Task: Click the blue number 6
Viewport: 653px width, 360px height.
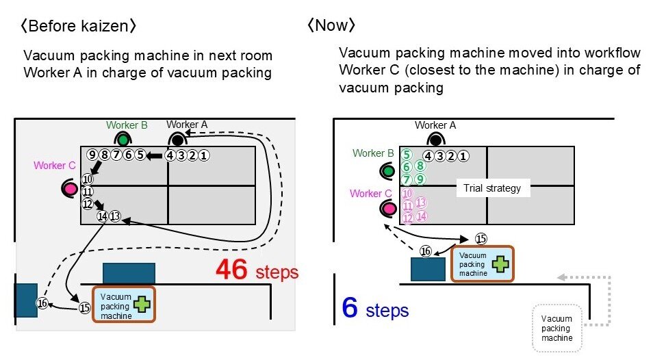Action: coord(350,309)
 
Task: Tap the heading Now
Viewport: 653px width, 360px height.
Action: coord(331,27)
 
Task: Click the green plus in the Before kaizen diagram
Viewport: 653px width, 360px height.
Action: coord(142,304)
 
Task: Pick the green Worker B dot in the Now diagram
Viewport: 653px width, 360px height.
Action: coord(389,170)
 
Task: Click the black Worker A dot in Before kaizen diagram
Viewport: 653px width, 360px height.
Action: coord(177,140)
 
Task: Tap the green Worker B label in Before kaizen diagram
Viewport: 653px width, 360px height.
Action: coord(127,125)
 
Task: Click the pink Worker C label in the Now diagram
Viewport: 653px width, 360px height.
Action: coord(370,194)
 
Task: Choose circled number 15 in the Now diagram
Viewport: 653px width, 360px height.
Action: coord(481,239)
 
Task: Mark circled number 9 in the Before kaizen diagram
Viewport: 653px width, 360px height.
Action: coord(92,155)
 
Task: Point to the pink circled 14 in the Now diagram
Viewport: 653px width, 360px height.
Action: coord(421,216)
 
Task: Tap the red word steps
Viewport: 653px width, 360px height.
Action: coord(277,273)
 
